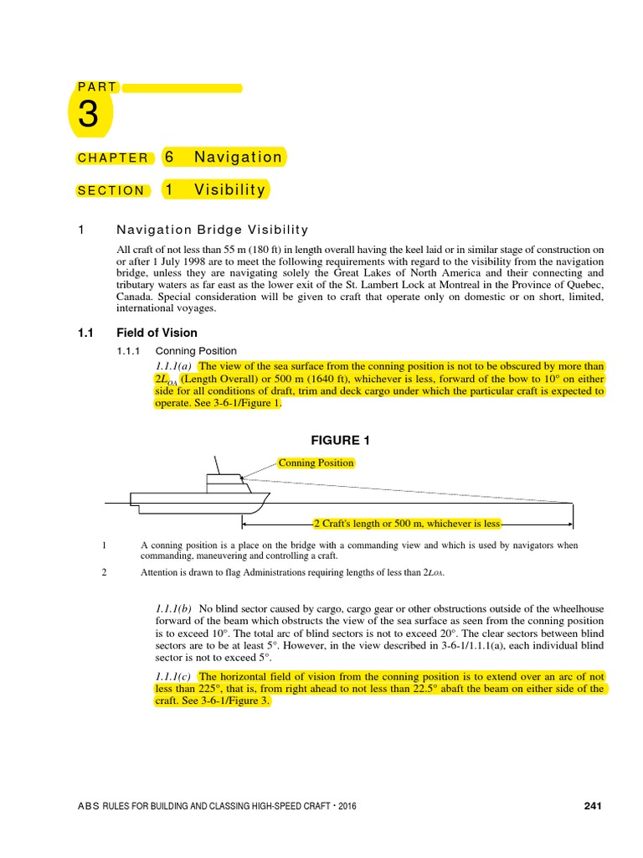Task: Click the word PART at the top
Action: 97,87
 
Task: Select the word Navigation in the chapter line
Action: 238,158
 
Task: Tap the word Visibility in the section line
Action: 229,190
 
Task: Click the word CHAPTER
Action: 113,158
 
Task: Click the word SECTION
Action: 111,191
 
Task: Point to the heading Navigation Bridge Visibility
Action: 212,230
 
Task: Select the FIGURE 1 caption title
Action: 340,441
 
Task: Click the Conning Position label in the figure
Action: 316,463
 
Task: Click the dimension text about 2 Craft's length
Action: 407,524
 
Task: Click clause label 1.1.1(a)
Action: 174,366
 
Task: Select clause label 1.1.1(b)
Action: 174,607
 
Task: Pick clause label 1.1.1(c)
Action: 174,676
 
